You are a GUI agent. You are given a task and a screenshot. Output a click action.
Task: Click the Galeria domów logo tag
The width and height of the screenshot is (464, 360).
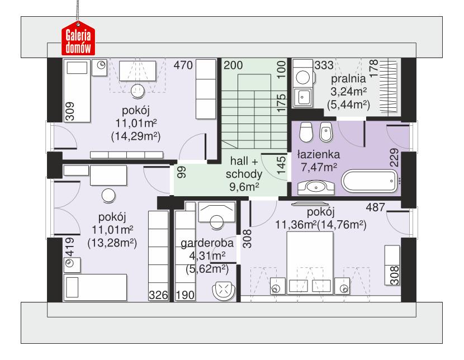click(78, 40)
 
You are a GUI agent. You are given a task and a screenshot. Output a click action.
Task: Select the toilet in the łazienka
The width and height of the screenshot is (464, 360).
click(305, 132)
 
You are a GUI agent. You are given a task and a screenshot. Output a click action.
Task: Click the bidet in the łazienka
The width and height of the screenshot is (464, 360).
click(326, 132)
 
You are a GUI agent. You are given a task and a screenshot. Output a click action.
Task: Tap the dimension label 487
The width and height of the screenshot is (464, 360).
click(375, 208)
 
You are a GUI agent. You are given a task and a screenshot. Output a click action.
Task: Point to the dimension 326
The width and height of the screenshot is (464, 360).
click(158, 295)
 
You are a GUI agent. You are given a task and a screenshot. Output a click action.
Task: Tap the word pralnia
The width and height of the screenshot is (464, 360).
click(347, 78)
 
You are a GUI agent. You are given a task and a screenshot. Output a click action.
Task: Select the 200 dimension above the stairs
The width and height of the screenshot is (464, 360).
click(234, 65)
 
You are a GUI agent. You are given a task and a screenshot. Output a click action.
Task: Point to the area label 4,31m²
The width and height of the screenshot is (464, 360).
click(207, 256)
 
